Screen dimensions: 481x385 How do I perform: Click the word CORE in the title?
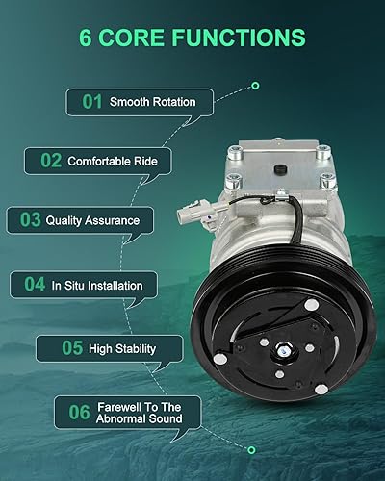click(x=138, y=38)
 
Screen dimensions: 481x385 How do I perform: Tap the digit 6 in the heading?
click(x=87, y=38)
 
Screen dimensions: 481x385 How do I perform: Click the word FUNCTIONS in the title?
click(x=243, y=38)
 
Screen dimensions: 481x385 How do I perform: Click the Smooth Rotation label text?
click(x=152, y=101)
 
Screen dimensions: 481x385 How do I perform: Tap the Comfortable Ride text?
click(x=112, y=161)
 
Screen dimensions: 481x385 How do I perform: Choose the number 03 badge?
click(x=28, y=220)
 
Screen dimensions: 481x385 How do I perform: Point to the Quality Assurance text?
click(x=92, y=220)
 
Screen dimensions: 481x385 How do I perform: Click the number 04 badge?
click(x=35, y=285)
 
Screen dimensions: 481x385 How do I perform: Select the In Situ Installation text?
click(x=97, y=285)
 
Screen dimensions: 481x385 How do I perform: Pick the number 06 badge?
click(x=78, y=412)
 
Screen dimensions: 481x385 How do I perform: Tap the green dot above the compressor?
click(x=255, y=86)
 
